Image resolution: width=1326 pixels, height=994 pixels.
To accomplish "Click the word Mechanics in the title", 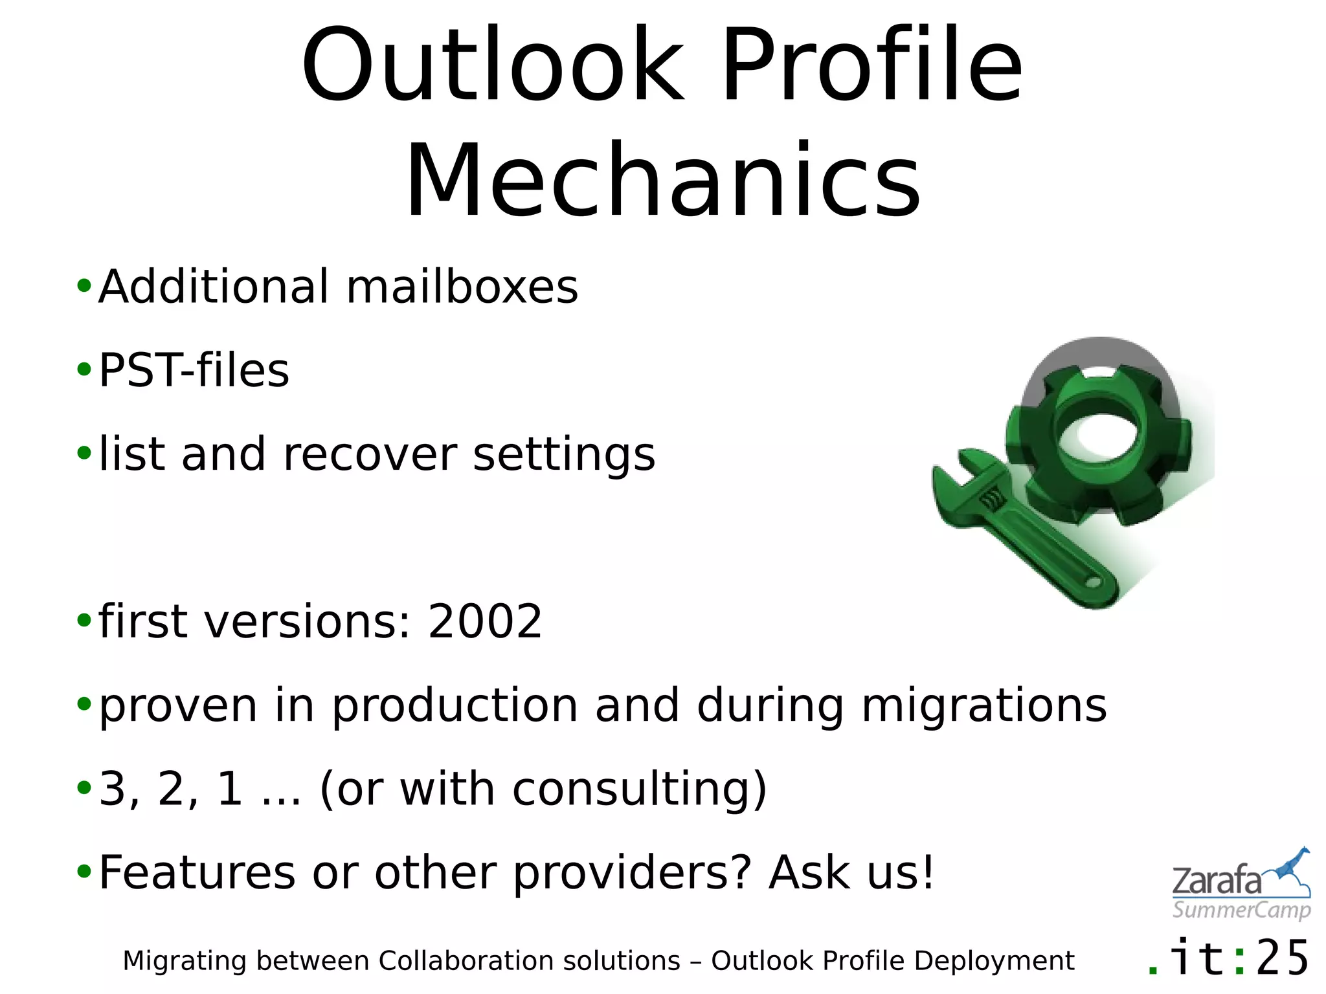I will click(x=662, y=181).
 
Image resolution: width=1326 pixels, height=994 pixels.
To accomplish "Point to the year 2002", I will click(x=484, y=621).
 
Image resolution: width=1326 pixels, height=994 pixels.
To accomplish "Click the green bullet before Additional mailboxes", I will click(x=84, y=285).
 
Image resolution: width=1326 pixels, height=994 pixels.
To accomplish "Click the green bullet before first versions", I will click(x=84, y=620).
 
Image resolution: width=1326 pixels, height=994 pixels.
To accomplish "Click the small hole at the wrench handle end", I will click(x=1093, y=582).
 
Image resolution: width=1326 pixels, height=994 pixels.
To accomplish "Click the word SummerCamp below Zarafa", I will click(x=1241, y=910).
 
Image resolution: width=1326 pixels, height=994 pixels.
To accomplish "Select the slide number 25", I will click(x=1282, y=958).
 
